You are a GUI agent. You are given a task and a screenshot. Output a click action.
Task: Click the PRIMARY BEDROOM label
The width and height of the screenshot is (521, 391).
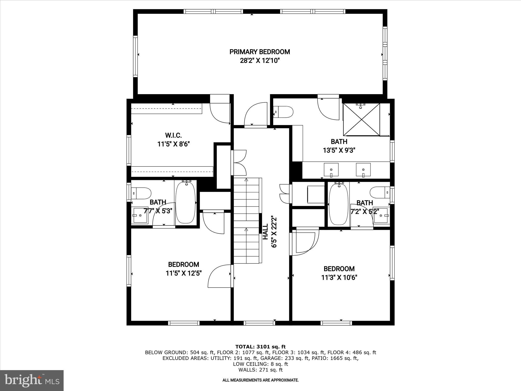pyautogui.click(x=259, y=52)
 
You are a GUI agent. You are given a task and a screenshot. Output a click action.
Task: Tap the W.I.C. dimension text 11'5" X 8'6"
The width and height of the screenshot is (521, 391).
pyautogui.click(x=173, y=144)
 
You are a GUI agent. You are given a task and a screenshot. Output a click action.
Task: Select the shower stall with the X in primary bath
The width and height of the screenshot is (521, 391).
pyautogui.click(x=361, y=119)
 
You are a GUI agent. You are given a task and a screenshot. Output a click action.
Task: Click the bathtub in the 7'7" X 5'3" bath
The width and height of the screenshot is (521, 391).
pyautogui.click(x=185, y=203)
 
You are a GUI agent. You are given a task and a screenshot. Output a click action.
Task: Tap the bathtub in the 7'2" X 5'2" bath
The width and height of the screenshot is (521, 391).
pyautogui.click(x=338, y=204)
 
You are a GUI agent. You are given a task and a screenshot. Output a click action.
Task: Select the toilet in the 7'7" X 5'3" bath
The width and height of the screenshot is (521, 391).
pyautogui.click(x=141, y=193)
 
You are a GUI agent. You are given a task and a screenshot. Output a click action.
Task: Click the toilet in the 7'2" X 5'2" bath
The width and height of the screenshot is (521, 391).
pyautogui.click(x=380, y=192)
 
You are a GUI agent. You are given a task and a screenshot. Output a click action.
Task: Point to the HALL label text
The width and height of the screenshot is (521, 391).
pyautogui.click(x=265, y=232)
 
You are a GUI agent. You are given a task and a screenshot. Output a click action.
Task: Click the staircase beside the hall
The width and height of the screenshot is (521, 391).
pyautogui.click(x=246, y=220)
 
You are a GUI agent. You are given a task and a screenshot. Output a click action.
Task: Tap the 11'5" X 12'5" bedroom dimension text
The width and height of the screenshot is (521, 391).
pyautogui.click(x=184, y=273)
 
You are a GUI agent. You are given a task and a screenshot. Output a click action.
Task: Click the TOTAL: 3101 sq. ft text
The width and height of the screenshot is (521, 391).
pyautogui.click(x=260, y=347)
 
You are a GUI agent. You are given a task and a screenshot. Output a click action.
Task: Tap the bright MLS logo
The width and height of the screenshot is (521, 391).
pyautogui.click(x=32, y=381)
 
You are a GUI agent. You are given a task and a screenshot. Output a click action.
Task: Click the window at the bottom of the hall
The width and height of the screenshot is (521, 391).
pyautogui.click(x=259, y=323)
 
